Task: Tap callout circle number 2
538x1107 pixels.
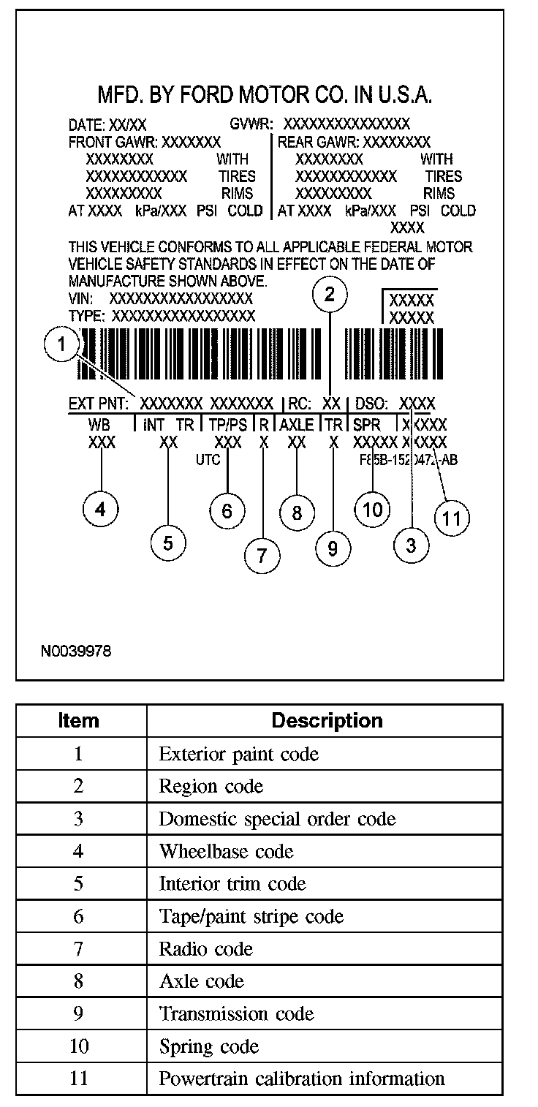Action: point(330,295)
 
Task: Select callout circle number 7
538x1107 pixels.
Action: point(263,556)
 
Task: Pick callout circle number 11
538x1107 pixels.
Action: point(452,518)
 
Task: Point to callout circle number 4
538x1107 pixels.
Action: point(101,509)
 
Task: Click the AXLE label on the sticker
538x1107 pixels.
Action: point(297,425)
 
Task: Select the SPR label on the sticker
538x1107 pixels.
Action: point(366,425)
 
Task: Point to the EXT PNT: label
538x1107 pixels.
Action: point(99,404)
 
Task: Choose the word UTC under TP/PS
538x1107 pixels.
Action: point(208,460)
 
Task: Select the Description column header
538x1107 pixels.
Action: point(327,721)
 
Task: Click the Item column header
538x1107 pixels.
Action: point(78,721)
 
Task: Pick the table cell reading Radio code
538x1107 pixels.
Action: point(206,949)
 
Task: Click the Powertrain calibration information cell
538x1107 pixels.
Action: point(302,1078)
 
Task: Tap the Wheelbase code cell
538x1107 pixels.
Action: point(227,851)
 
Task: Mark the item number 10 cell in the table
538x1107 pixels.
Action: point(79,1046)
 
